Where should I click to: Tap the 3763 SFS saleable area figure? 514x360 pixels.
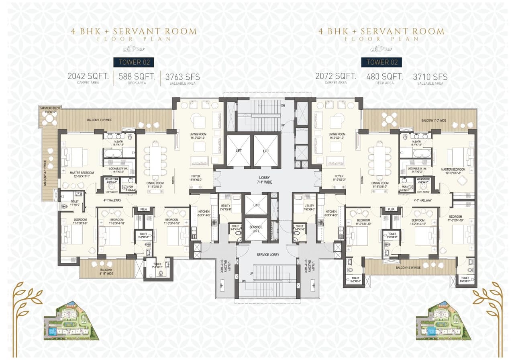click(x=182, y=77)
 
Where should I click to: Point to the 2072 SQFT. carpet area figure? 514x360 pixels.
click(x=336, y=76)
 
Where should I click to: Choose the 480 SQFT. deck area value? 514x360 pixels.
click(x=384, y=76)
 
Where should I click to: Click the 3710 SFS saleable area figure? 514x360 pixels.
click(x=430, y=77)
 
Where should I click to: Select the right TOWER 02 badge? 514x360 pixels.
click(x=382, y=62)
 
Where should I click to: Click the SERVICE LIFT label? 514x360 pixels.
click(x=256, y=229)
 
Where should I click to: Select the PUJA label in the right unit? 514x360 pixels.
click(x=391, y=209)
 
